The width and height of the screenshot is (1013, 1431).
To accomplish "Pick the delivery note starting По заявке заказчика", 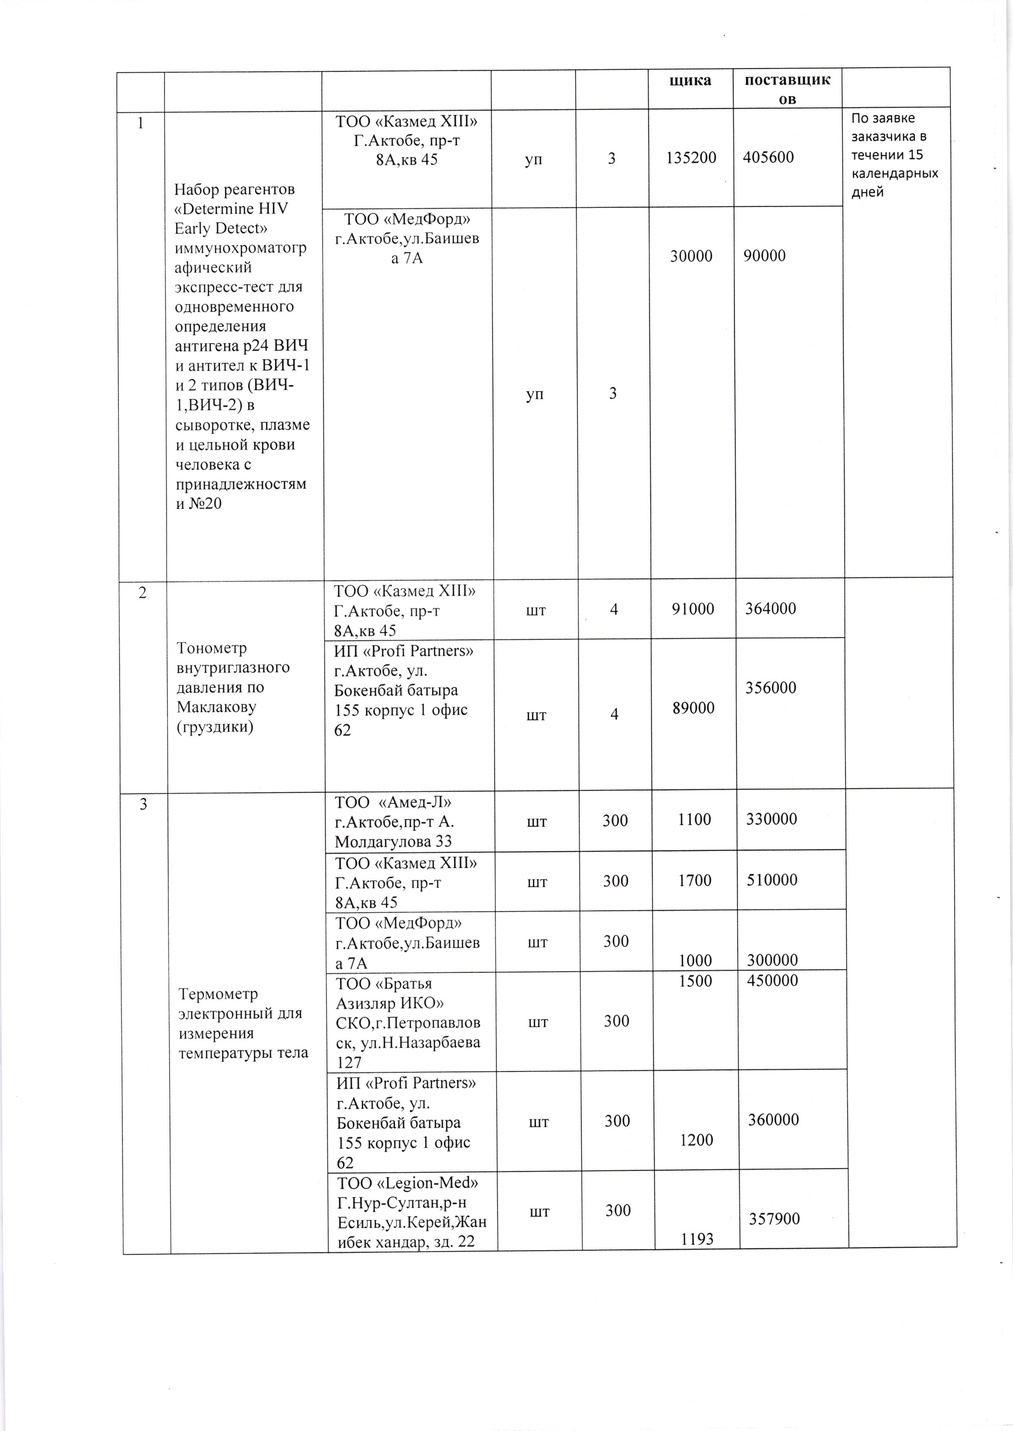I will coord(895,155).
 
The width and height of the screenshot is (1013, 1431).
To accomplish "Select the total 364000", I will coord(770,608).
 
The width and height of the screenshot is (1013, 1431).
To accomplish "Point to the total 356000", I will coord(770,688).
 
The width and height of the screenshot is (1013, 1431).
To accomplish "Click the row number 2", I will coord(143,593).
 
